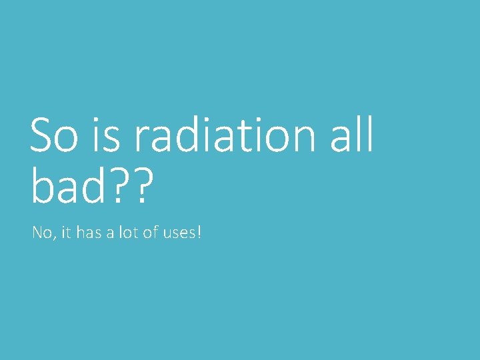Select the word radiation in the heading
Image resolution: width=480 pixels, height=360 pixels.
coord(223,135)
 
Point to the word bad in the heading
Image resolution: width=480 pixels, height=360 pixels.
coord(65,186)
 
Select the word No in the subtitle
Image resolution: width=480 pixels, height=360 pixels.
coord(40,233)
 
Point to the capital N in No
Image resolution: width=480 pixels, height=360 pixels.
coord(37,233)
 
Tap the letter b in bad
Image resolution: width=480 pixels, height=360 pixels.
coord(43,186)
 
